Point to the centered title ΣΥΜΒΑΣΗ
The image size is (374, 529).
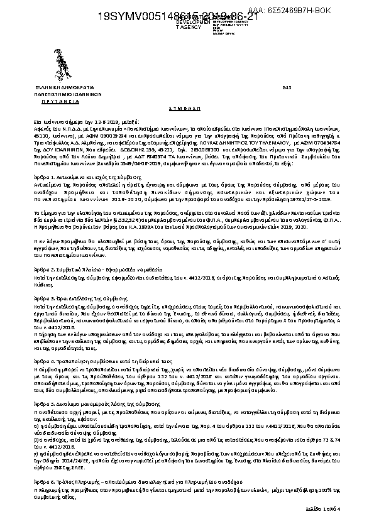coord(186,108)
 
